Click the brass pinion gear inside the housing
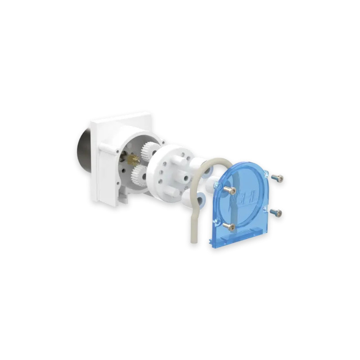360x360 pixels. [x=132, y=159]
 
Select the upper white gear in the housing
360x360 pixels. [x=149, y=151]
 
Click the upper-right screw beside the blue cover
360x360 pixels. [x=278, y=179]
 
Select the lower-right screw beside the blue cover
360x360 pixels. [x=276, y=212]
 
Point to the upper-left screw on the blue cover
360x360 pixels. [x=229, y=190]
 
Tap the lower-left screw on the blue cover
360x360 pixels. [x=229, y=226]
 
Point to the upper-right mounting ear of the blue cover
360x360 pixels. [x=267, y=173]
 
